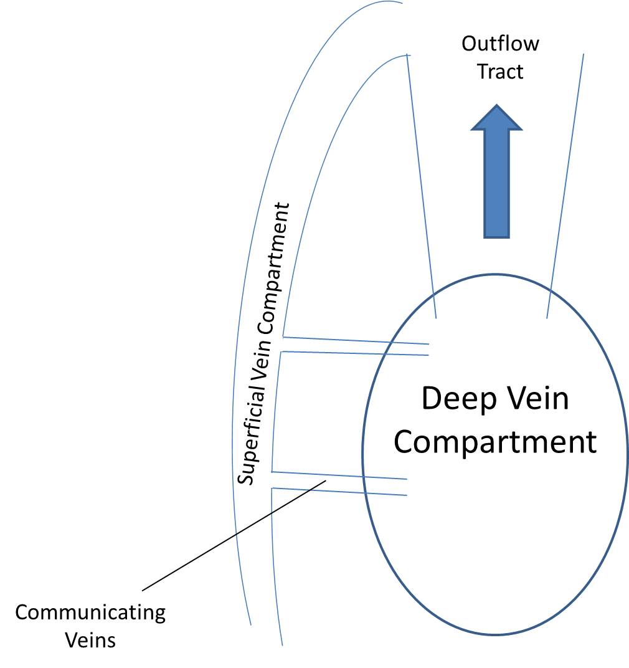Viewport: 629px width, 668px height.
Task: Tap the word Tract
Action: [500, 72]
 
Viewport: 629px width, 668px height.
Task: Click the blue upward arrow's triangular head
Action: [496, 118]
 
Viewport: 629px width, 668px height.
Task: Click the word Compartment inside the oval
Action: [496, 442]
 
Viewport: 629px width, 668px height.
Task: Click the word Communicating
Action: [91, 613]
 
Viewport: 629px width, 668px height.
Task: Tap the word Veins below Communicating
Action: [91, 640]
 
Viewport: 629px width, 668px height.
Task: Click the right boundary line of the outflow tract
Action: [565, 187]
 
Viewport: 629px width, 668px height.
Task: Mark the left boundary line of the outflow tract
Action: [421, 187]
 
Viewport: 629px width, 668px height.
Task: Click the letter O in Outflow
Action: [469, 44]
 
